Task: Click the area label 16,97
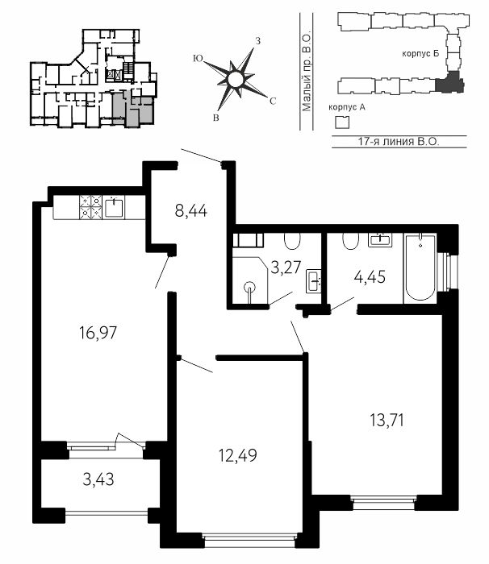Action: [x=98, y=332]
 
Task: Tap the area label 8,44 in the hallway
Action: [x=191, y=210]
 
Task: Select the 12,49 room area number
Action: [x=238, y=455]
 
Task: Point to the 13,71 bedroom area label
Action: [x=387, y=420]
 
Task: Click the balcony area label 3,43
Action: [x=98, y=479]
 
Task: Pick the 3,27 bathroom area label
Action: [x=286, y=267]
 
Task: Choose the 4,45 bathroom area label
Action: [x=370, y=277]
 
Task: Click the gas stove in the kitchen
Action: [x=90, y=207]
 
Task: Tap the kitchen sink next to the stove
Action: [x=114, y=207]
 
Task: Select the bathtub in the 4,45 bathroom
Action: [x=420, y=267]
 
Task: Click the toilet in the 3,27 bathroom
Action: [x=292, y=241]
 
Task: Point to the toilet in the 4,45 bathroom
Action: [x=351, y=241]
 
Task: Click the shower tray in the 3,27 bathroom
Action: [x=250, y=280]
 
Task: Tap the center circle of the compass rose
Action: [x=236, y=79]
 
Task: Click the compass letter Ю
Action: [x=198, y=58]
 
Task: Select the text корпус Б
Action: [x=420, y=54]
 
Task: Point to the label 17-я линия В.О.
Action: [x=399, y=141]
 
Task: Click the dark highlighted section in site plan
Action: [x=449, y=82]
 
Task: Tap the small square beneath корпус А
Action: [x=342, y=122]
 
